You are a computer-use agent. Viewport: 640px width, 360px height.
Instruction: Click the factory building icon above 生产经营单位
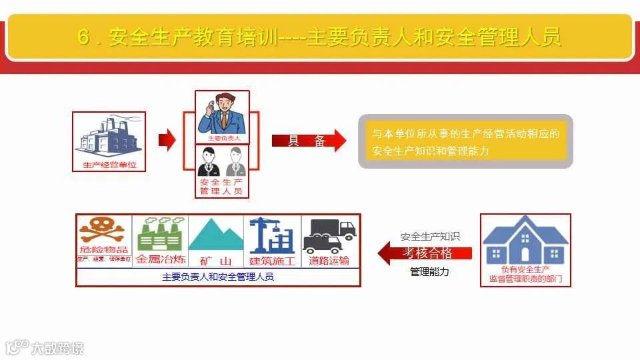(x=108, y=137)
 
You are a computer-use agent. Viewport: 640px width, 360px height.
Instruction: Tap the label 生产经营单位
(x=109, y=165)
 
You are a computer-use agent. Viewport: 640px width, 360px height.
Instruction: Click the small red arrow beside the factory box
(x=167, y=140)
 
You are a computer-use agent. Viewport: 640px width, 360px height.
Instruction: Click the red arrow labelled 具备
(x=309, y=141)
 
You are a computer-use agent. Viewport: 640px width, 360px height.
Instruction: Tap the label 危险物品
(x=104, y=250)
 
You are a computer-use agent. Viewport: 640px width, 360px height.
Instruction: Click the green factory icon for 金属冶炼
(x=160, y=234)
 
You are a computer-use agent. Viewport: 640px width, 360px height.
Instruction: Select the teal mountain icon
(x=216, y=234)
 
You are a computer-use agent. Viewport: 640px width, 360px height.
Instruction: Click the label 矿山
(x=216, y=260)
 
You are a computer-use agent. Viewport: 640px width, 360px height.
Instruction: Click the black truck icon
(x=329, y=234)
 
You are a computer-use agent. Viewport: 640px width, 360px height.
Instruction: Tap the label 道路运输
(x=329, y=260)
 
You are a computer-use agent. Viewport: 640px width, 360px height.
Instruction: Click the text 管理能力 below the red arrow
(x=429, y=272)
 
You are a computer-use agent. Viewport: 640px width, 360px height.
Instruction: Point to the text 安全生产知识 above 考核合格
(x=430, y=237)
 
